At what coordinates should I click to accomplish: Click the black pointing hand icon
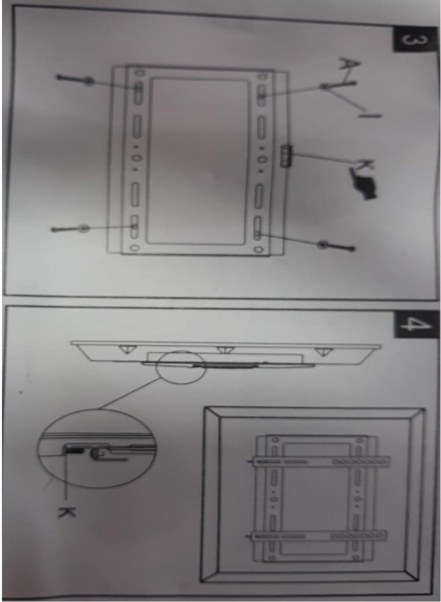point(363,186)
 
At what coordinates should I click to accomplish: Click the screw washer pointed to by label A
point(326,87)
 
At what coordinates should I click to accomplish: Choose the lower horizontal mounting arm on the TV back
point(319,536)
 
